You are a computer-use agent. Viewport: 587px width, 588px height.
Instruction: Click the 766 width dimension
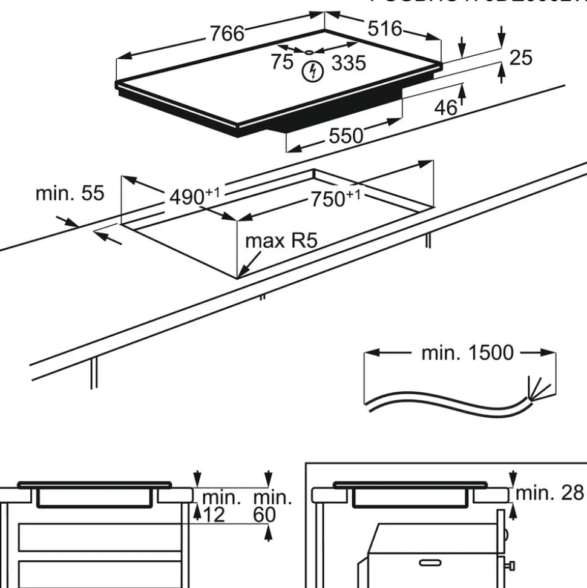pos(227,33)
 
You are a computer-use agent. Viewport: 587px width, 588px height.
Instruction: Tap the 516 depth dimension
pos(385,28)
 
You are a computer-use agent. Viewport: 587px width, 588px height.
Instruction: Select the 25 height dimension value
pos(520,58)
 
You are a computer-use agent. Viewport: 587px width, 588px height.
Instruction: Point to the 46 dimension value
pos(446,107)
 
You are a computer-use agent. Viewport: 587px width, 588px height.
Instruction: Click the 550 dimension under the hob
pos(346,136)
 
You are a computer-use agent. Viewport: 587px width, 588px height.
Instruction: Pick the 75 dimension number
pos(282,61)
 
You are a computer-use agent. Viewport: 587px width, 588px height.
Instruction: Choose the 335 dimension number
pos(349,62)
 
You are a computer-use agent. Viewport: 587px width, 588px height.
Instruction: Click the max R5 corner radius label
pos(281,241)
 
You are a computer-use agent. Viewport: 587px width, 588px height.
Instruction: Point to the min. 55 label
pos(70,193)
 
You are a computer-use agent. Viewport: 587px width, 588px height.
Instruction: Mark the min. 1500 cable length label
pos(468,352)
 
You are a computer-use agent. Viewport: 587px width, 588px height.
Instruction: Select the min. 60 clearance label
pos(272,507)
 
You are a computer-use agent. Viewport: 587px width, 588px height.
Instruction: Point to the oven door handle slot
pos(428,563)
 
